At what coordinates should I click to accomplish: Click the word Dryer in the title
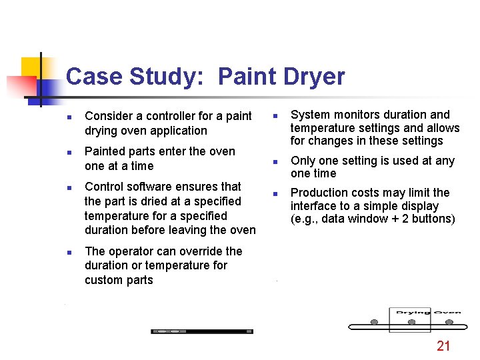(x=312, y=77)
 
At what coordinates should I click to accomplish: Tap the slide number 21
(x=443, y=345)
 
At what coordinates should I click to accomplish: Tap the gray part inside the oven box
(x=411, y=323)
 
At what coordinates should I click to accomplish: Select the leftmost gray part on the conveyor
(x=375, y=323)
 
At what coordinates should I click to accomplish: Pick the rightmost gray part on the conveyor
(x=449, y=323)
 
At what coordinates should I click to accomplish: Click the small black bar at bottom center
(x=202, y=331)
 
